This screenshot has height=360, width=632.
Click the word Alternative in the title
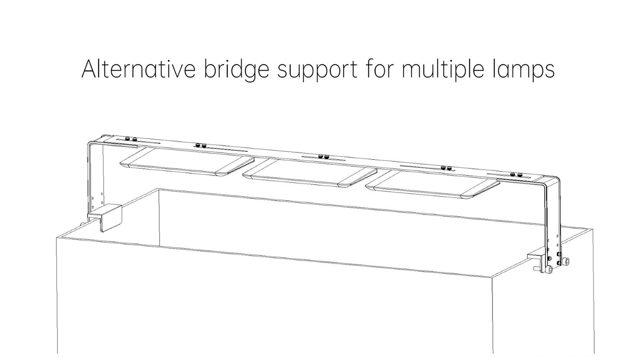coord(138,69)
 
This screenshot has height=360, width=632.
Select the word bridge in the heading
coord(237,70)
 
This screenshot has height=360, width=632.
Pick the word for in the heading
coord(380,68)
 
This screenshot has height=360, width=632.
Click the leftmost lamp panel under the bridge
coord(187,162)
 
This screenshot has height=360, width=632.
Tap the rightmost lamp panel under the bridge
coord(433,184)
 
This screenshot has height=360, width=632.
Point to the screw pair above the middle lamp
coord(323,157)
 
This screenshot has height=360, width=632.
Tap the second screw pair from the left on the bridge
coord(200,146)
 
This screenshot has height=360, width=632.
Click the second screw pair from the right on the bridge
coord(447,168)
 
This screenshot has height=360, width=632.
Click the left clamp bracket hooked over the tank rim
coord(105,217)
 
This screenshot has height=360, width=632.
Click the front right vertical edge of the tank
coord(492,315)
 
